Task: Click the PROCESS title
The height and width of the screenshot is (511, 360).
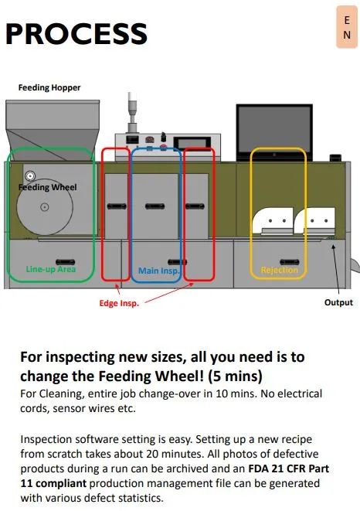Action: (76, 33)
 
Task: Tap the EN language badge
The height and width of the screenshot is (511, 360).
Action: (347, 27)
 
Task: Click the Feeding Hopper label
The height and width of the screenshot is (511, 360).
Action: (49, 87)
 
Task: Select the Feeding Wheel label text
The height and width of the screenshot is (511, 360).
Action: (48, 187)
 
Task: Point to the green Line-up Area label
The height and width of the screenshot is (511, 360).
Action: (51, 269)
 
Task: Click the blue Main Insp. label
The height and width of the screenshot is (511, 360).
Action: (158, 271)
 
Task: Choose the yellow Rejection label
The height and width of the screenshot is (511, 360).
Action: (279, 270)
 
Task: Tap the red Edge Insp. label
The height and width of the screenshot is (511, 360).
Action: (119, 303)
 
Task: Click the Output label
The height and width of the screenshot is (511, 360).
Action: (338, 302)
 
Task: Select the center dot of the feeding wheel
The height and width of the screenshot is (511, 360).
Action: (45, 206)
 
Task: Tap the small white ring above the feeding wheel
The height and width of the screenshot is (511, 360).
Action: (30, 176)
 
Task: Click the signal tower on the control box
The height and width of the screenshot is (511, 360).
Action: (131, 112)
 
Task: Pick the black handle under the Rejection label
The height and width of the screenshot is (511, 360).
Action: (290, 262)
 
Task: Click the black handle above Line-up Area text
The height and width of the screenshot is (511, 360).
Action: (65, 262)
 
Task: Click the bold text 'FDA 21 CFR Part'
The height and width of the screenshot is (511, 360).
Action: (289, 468)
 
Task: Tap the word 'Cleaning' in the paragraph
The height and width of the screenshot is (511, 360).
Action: (62, 393)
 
